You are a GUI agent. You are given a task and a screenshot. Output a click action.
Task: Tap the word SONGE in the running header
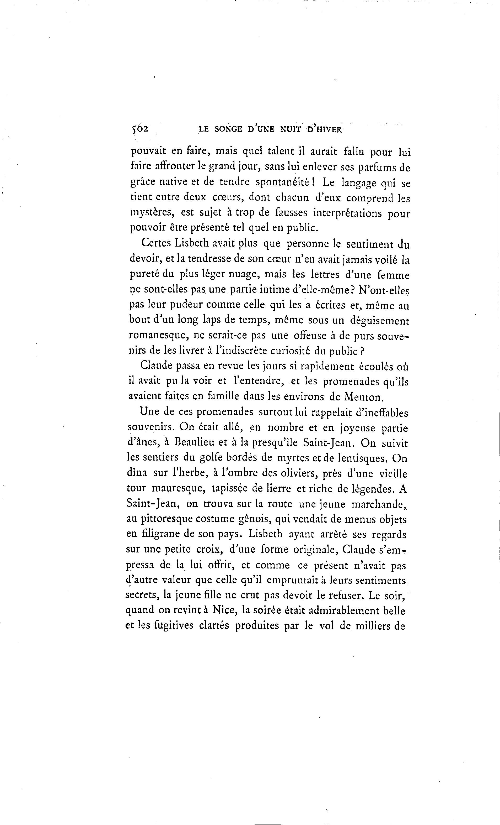[x=228, y=129]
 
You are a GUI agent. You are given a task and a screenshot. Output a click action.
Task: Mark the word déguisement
[x=379, y=321]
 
